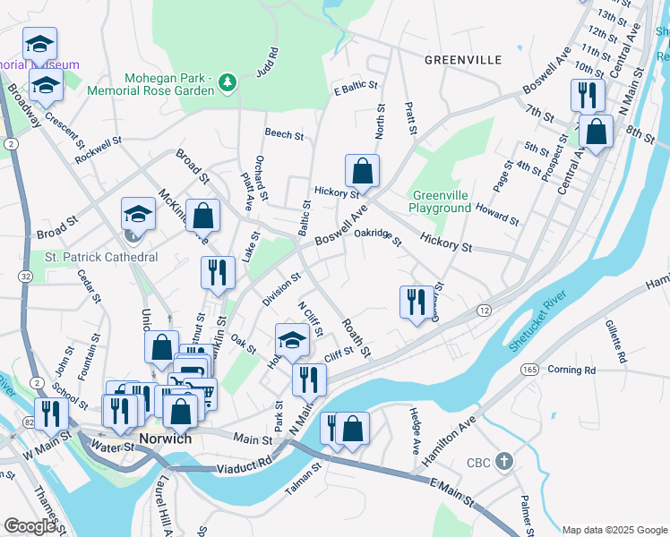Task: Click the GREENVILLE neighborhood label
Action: point(462,60)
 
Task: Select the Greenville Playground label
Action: point(441,201)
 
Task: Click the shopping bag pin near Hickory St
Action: point(362,170)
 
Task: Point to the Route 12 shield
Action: point(483,309)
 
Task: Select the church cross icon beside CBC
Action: point(504,463)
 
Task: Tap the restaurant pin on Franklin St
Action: point(218,274)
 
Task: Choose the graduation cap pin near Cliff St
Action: point(292,340)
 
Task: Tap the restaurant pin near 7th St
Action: point(588,94)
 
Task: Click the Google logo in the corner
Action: point(30,525)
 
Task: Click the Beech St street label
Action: point(284,133)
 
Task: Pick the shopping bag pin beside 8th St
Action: point(596,132)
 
